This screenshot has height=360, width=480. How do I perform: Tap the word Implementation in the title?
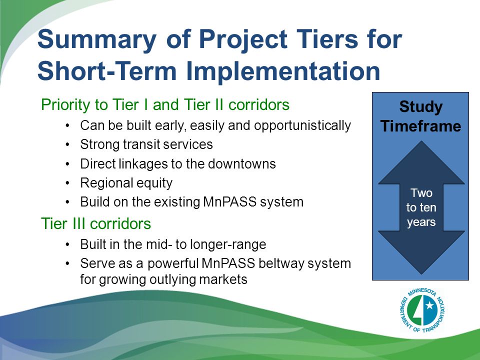click(282, 71)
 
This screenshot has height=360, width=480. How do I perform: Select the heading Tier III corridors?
click(96, 223)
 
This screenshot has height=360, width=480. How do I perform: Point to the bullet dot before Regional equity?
click(67, 183)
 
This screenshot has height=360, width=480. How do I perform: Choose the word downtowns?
click(242, 164)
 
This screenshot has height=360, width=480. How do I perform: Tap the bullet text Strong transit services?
click(146, 144)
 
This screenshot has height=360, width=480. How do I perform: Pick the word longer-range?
click(228, 244)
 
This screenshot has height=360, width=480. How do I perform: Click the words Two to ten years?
click(421, 207)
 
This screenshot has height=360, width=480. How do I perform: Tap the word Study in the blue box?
click(421, 107)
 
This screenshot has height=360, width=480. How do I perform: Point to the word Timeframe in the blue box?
click(420, 126)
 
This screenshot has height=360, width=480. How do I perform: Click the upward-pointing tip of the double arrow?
click(421, 141)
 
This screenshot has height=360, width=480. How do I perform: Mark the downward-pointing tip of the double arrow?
click(421, 273)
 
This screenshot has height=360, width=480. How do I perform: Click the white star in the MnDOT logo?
click(430, 305)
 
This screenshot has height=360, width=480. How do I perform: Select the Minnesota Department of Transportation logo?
click(422, 310)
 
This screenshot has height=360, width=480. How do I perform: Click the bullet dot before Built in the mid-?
click(67, 245)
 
